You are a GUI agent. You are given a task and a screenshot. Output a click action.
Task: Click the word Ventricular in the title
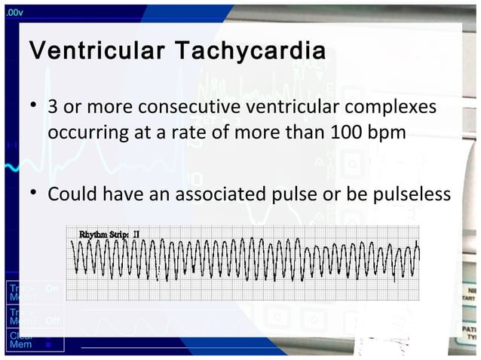97,53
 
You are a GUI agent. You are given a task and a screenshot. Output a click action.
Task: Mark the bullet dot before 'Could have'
34,194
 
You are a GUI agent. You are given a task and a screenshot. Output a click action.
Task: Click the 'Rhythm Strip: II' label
109,235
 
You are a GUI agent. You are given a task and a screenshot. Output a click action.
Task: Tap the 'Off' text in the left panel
52,321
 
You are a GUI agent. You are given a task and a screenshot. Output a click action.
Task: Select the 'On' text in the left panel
51,288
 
